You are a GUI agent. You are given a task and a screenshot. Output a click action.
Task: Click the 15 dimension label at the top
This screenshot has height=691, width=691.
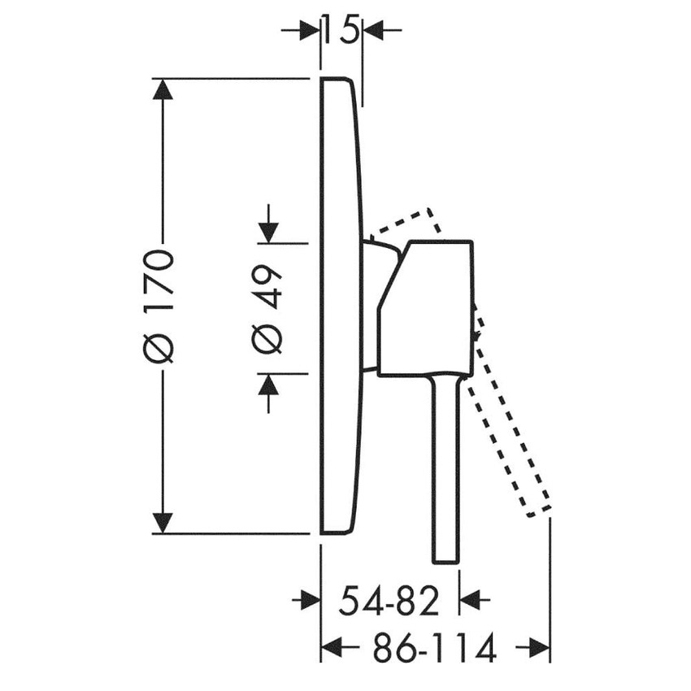pos(341,30)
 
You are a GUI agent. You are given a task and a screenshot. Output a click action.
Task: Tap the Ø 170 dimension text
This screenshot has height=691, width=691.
pos(159,306)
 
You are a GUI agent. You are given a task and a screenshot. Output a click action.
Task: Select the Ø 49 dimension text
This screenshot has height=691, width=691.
pos(267,309)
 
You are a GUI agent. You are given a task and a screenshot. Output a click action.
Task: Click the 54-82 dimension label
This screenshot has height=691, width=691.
pos(389,600)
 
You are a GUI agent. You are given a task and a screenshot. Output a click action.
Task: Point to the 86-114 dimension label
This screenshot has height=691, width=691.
pos(435,648)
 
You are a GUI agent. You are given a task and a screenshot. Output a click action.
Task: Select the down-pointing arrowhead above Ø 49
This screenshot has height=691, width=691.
pos(269,233)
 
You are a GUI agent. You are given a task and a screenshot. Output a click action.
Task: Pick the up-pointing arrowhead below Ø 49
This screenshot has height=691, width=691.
pos(269,384)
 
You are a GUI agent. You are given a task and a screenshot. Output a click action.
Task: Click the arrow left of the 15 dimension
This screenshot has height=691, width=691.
pos(301,30)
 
